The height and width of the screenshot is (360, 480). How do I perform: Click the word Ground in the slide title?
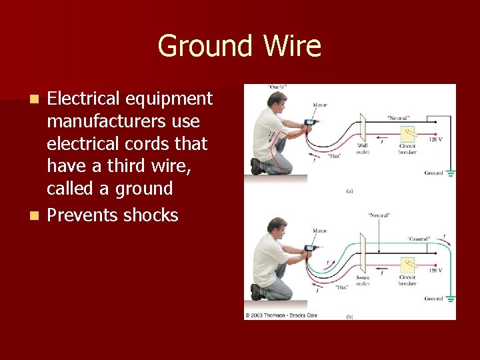(205, 47)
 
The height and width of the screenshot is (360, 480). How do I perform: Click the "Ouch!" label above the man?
(278, 87)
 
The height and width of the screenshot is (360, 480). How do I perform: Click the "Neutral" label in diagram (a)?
(399, 117)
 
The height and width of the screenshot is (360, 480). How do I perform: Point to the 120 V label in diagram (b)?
(434, 271)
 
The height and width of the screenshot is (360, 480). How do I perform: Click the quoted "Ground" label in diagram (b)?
(419, 238)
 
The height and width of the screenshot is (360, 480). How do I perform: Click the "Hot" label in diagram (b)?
(342, 287)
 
